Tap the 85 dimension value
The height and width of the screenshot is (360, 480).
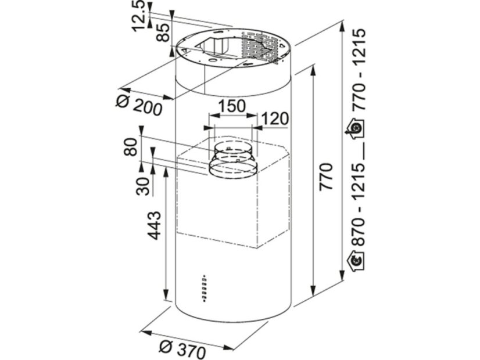point(163,33)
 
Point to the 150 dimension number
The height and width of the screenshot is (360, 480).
point(232,106)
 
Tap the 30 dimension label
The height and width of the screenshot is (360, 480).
point(143,186)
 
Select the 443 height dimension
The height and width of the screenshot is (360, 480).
point(154,225)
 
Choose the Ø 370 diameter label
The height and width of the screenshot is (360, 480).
point(182,348)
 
